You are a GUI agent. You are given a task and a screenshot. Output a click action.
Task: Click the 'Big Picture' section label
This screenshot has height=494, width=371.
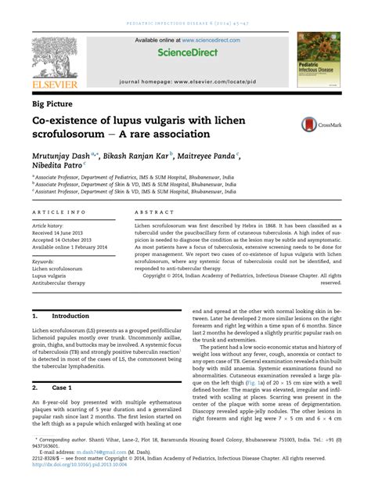[54, 103]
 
